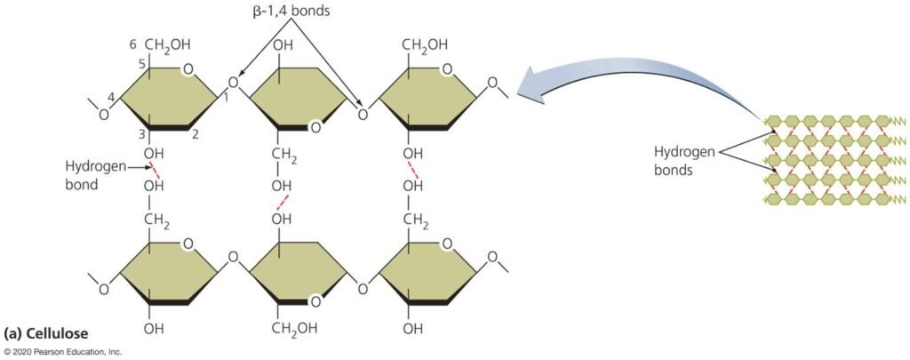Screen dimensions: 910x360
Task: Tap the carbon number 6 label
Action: click(132, 44)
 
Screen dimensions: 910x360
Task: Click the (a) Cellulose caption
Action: click(46, 334)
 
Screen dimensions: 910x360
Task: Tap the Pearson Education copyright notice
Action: click(61, 352)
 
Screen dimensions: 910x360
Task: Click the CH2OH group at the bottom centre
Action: click(295, 329)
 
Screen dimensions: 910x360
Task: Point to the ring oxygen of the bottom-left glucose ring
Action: click(186, 244)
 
